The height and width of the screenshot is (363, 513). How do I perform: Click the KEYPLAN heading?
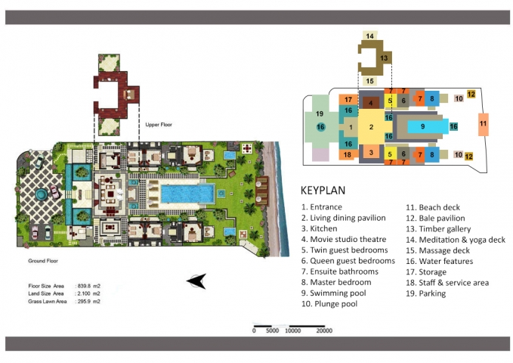click(323, 191)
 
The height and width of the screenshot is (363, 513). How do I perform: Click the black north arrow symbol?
click(197, 281)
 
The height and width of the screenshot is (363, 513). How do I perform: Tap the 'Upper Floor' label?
click(159, 125)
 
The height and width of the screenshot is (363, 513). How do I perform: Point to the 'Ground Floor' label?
click(43, 261)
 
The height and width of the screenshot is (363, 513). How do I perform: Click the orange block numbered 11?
click(484, 124)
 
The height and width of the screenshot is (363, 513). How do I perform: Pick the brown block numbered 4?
click(371, 103)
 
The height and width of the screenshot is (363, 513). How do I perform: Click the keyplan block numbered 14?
click(370, 36)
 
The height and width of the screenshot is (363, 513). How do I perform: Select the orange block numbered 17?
click(348, 100)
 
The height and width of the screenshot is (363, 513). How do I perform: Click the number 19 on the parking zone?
click(320, 113)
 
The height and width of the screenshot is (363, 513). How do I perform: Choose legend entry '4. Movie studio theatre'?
click(344, 239)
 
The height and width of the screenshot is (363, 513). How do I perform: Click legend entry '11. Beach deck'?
click(433, 207)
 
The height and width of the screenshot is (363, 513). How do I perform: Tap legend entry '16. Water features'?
click(440, 261)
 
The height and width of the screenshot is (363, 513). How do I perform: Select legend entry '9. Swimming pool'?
click(333, 293)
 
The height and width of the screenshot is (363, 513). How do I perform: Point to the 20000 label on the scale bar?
click(324, 331)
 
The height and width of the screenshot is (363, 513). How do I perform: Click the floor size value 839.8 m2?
click(88, 286)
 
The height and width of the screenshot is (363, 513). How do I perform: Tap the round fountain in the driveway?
click(42, 194)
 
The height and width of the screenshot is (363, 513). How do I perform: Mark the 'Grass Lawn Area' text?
click(48, 302)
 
